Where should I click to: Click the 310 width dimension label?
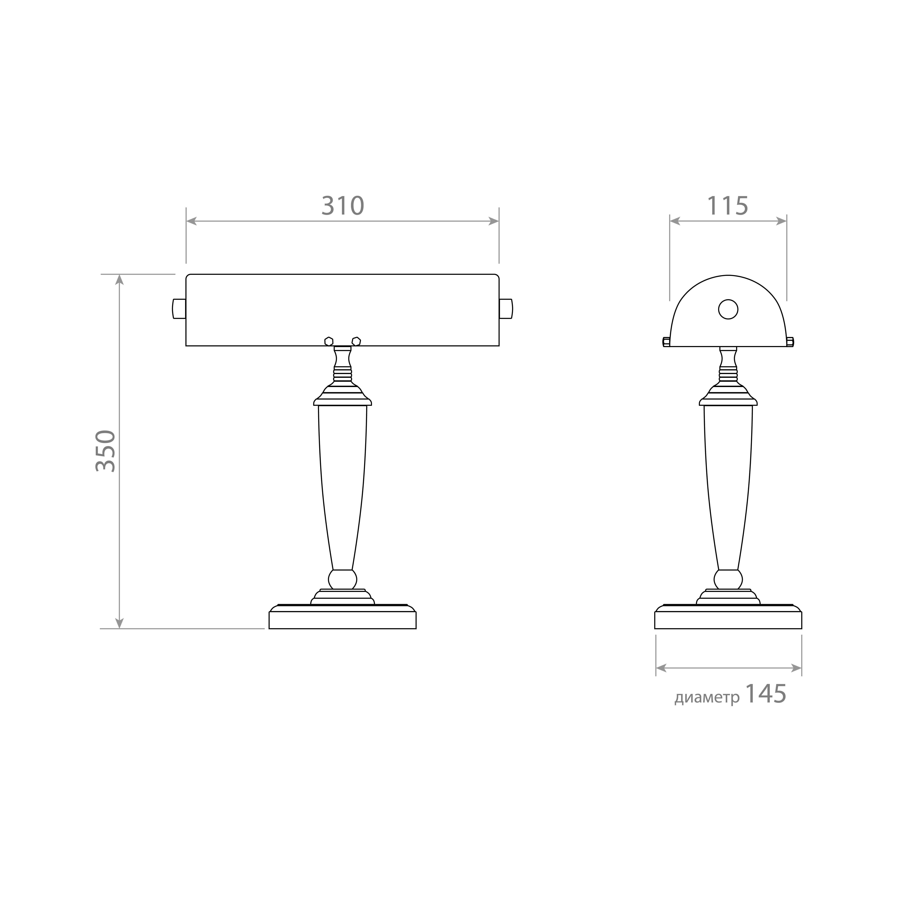tap(343, 206)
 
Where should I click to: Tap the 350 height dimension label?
tap(106, 451)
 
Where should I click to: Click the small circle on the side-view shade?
tap(728, 309)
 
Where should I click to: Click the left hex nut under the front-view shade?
tap(329, 342)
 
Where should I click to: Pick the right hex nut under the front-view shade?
tap(356, 342)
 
